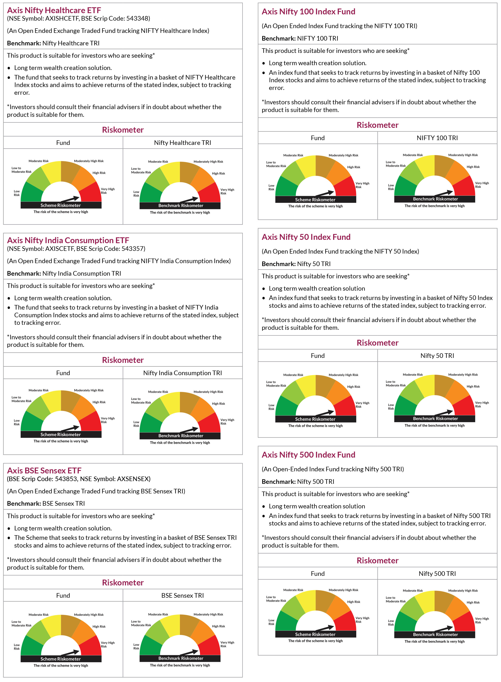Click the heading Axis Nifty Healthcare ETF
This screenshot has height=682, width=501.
coord(54,10)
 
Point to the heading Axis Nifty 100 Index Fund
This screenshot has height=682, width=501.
coord(308,11)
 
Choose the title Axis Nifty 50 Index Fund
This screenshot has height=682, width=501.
coord(306,237)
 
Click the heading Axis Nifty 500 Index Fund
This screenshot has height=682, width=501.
coord(308,455)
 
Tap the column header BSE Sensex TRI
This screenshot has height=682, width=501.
coord(183,595)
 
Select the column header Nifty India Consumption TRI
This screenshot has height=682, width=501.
coord(183,373)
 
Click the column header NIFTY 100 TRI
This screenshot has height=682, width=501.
coord(437,138)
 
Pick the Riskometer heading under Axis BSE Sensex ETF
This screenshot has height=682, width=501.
coord(123,582)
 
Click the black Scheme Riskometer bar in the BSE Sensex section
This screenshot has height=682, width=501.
coord(61,659)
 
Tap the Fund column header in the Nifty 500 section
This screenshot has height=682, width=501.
coord(318,574)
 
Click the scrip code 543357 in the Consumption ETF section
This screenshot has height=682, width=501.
coord(133,249)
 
